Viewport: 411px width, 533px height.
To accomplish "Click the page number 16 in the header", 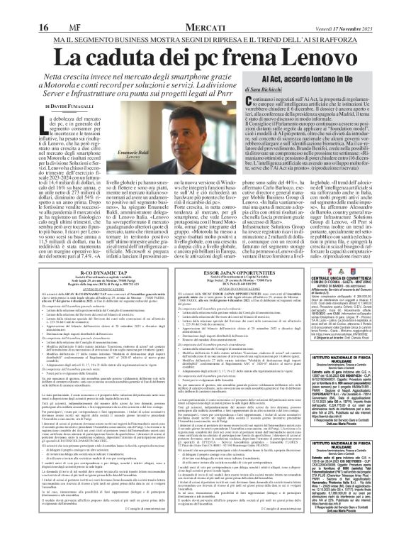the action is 14,9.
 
